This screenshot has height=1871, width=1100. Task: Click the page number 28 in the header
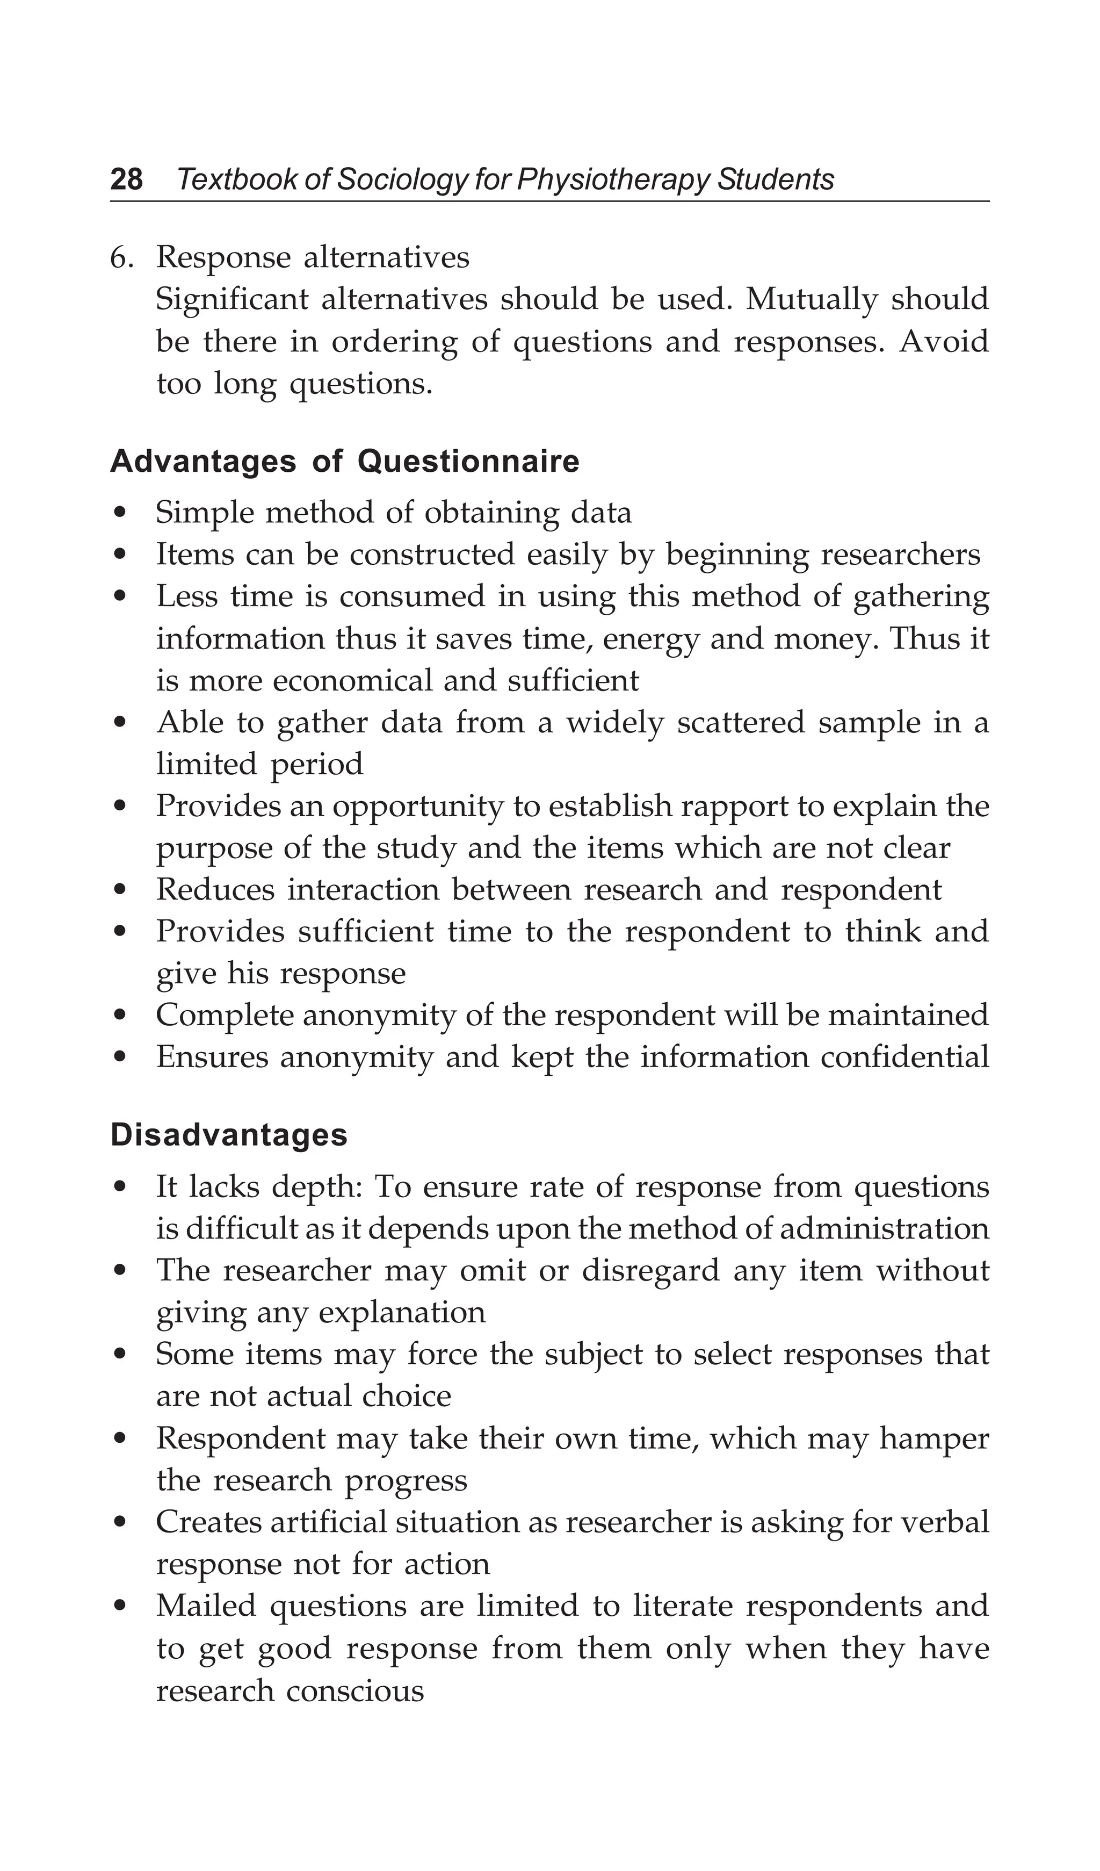pos(126,179)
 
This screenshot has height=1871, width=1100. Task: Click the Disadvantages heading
pos(229,1135)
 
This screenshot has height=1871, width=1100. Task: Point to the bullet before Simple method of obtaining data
pos(121,514)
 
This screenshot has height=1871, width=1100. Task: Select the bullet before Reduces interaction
pos(121,891)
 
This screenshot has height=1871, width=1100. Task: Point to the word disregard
pos(650,1271)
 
